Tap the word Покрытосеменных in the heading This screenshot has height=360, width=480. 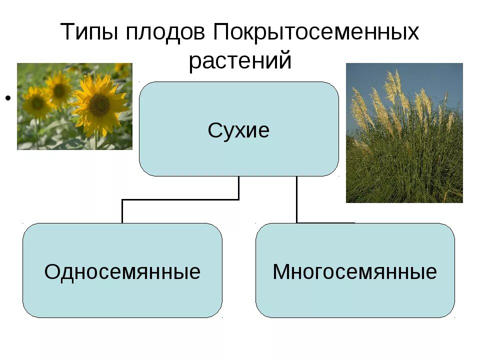pyautogui.click(x=316, y=33)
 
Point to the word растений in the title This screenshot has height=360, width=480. pyautogui.click(x=240, y=60)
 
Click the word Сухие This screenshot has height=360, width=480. pyautogui.click(x=239, y=130)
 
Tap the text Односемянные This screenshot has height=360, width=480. pyautogui.click(x=122, y=272)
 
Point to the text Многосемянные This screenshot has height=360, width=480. pyautogui.click(x=355, y=272)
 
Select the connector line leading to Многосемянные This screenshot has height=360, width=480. pyautogui.click(x=296, y=200)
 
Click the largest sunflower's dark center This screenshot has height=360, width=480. pyautogui.click(x=99, y=104)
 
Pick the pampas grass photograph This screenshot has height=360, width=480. pyautogui.click(x=404, y=132)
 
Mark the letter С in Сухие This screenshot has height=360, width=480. pyautogui.click(x=214, y=130)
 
